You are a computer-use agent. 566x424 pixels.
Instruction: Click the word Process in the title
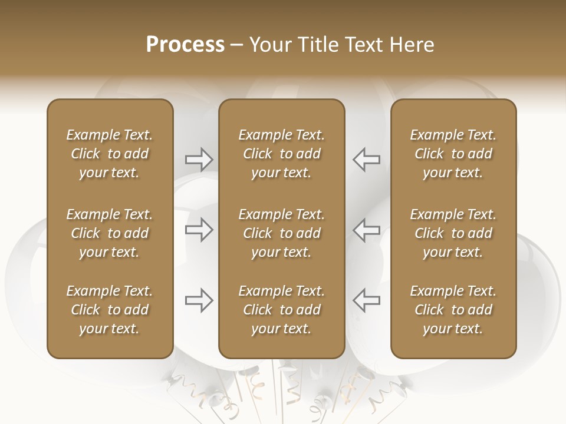[x=185, y=45]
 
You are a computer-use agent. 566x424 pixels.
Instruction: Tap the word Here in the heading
[x=412, y=45]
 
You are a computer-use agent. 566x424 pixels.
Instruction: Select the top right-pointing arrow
[x=199, y=159]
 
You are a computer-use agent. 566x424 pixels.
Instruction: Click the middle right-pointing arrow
[x=199, y=230]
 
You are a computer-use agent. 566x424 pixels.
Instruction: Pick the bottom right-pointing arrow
[x=199, y=300]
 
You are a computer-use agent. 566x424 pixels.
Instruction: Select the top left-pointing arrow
[x=366, y=159]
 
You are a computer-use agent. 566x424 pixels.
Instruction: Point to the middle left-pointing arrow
[x=366, y=230]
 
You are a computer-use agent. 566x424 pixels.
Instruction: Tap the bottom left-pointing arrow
[x=366, y=300]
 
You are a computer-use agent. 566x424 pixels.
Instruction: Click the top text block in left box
[x=110, y=154]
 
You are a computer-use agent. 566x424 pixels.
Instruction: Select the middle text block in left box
[x=110, y=233]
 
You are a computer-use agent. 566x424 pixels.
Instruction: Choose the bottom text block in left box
[x=110, y=310]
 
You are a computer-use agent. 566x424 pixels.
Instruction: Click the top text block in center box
[x=281, y=154]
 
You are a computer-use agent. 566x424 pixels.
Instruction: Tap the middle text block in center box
[x=281, y=233]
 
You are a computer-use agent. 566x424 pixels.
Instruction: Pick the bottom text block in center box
[x=281, y=310]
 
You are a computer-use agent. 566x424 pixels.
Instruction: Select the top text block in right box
[x=453, y=154]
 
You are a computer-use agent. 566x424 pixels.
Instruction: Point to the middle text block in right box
[x=453, y=233]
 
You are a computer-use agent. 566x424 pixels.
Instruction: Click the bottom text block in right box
[x=453, y=310]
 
